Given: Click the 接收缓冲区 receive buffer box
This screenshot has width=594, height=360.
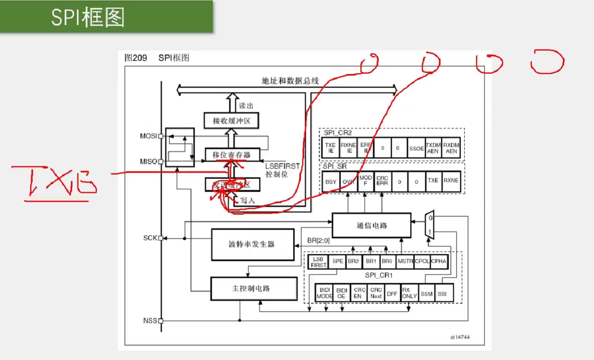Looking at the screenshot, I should [x=231, y=121].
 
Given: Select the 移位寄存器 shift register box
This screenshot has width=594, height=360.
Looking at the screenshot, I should [x=232, y=155].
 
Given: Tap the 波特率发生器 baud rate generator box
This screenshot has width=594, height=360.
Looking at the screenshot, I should [x=252, y=244].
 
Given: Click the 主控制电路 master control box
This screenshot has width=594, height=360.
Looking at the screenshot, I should [x=253, y=288].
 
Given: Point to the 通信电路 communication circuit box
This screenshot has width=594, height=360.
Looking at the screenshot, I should [x=371, y=226].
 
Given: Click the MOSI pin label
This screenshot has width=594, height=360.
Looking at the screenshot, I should [x=148, y=136].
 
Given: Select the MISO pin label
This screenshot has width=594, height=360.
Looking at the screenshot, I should [x=148, y=161].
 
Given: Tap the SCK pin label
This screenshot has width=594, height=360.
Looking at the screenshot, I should [x=150, y=238].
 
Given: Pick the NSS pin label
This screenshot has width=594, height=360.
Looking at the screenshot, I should [x=150, y=321].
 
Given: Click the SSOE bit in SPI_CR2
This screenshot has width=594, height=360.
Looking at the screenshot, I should [x=416, y=148].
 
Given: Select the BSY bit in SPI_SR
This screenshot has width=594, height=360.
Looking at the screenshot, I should [x=331, y=182].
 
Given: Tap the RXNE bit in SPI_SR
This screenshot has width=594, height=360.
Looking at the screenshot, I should [x=451, y=181].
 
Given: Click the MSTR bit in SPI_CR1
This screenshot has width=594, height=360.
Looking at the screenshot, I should [x=405, y=261].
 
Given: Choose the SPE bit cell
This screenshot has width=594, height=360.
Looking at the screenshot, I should [x=337, y=261].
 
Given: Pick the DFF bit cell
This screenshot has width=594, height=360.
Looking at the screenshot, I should [x=392, y=294].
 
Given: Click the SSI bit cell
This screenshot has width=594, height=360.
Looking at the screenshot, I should [x=442, y=294].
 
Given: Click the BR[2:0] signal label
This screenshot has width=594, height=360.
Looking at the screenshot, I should [x=318, y=240].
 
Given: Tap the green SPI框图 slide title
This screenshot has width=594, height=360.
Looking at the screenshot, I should [x=88, y=18].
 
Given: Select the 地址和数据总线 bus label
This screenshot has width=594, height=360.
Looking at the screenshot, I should [x=290, y=81].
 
